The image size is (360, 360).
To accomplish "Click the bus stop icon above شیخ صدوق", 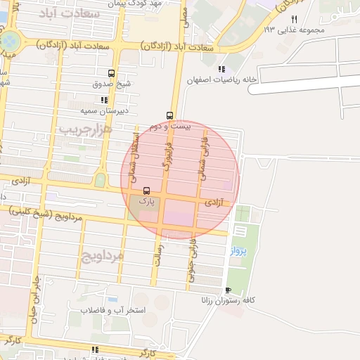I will (x=111, y=73).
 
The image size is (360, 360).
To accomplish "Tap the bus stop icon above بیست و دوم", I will (x=169, y=115).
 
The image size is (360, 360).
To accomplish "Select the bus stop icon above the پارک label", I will (x=146, y=191).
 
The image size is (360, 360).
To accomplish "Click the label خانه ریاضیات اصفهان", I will (x=218, y=79).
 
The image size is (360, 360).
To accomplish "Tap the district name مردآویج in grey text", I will (x=102, y=255).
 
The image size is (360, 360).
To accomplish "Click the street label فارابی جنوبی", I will (x=191, y=264).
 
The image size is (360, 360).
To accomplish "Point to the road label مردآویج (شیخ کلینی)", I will (x=46, y=214).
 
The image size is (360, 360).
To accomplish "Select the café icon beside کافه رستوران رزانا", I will (x=227, y=290).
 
